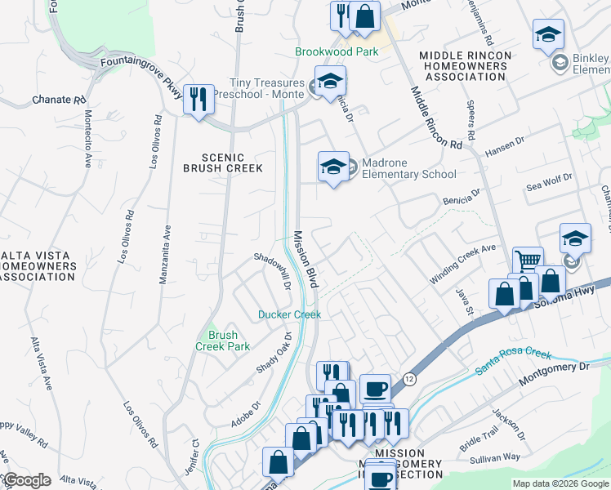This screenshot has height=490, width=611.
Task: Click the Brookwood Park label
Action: coord(337,51)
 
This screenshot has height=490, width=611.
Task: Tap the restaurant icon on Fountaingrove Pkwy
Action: coord(198,100)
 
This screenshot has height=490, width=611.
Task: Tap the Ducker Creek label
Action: coord(289,314)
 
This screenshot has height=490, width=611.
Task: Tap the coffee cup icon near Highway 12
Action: coord(375,389)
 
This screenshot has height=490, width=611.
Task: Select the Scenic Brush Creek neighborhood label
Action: coord(233,163)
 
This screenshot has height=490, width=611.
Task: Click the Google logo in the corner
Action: coord(26,480)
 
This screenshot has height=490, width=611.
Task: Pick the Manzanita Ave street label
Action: coord(164,255)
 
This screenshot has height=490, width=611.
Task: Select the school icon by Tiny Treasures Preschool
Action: coord(330,81)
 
